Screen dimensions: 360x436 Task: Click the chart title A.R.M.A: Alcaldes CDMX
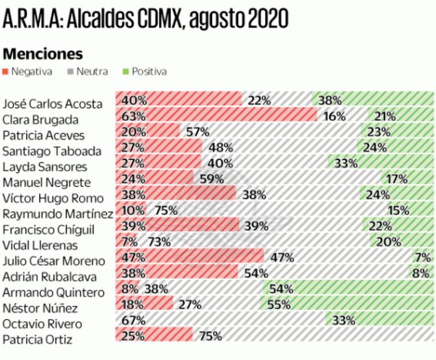tap(145, 19)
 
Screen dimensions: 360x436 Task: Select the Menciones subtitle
tap(43, 53)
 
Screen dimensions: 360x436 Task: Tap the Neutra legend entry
tap(88, 71)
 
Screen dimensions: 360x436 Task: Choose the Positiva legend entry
tap(145, 71)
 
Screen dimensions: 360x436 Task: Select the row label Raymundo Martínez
tap(57, 214)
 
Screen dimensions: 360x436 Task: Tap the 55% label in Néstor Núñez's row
tap(279, 304)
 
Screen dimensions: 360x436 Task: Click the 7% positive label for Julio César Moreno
tap(421, 257)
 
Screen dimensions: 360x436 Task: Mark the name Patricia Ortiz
tap(37, 340)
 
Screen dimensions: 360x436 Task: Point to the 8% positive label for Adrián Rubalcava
tap(420, 273)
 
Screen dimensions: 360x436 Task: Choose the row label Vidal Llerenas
tap(41, 246)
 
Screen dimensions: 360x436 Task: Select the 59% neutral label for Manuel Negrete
tap(212, 179)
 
